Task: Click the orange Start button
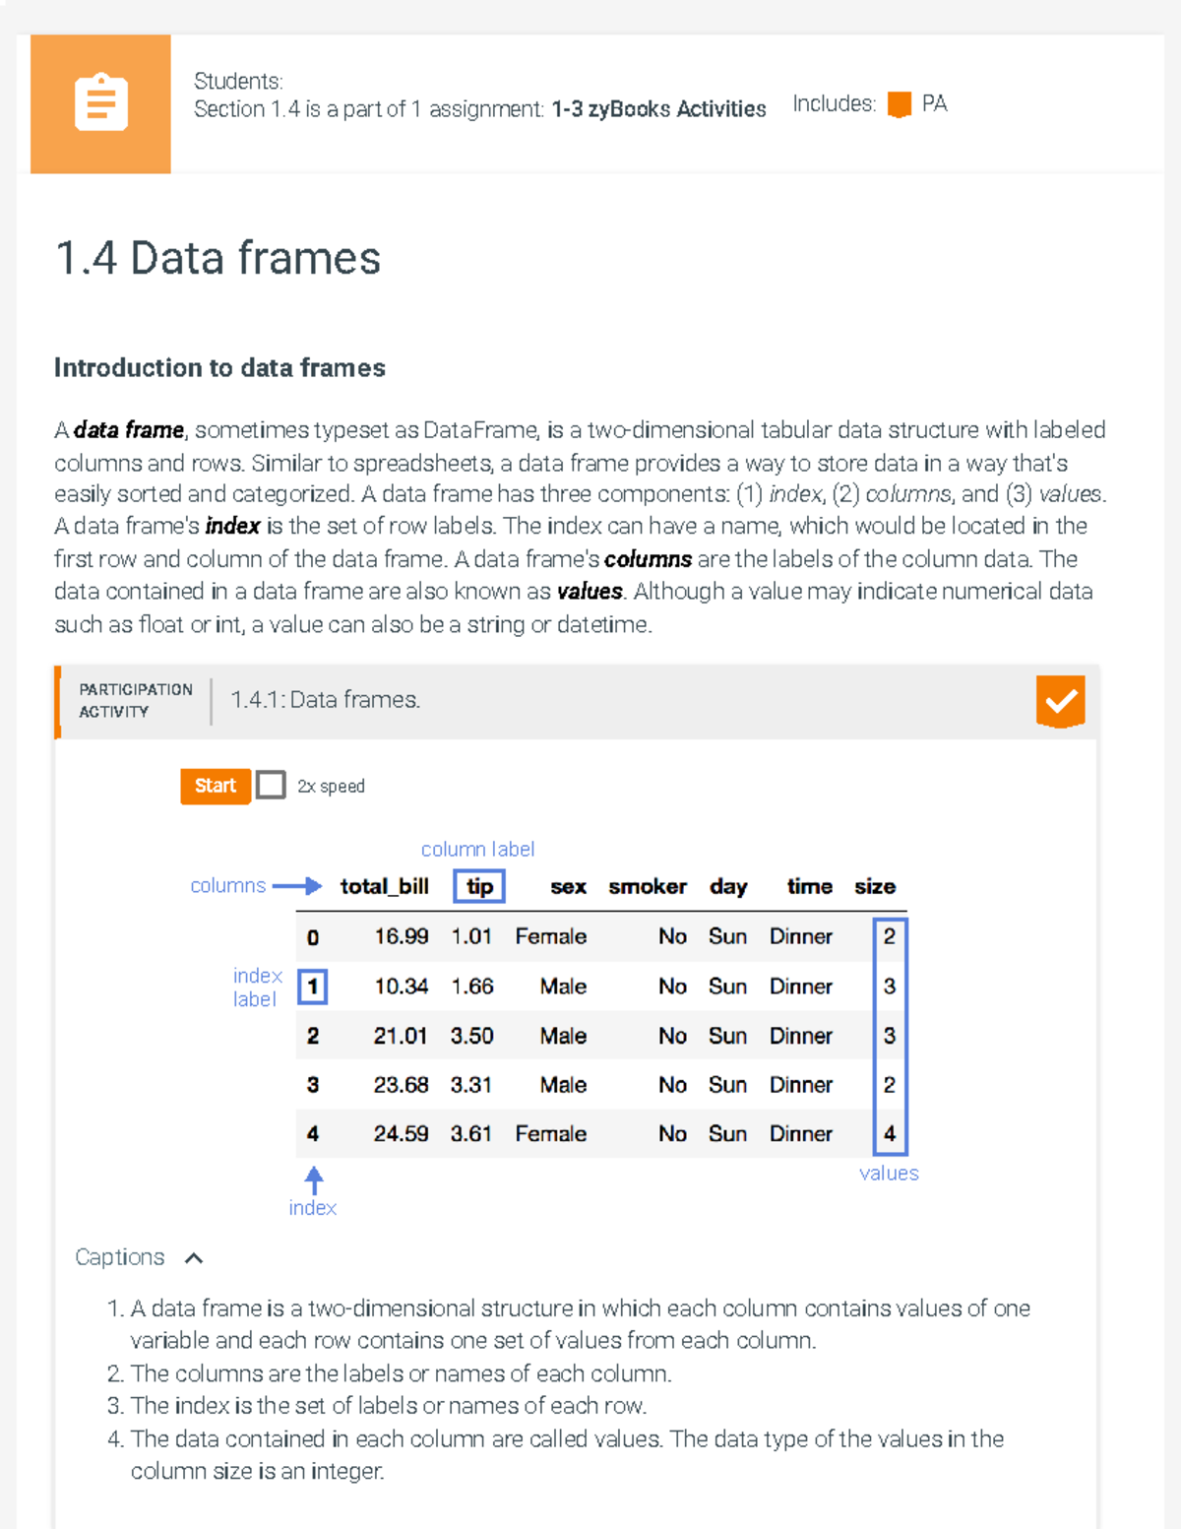pyautogui.click(x=215, y=786)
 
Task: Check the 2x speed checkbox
pyautogui.click(x=271, y=786)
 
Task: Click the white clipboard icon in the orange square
pyautogui.click(x=100, y=102)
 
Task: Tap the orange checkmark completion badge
pyautogui.click(x=1060, y=701)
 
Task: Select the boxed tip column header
pyautogui.click(x=479, y=886)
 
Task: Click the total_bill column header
pyautogui.click(x=384, y=886)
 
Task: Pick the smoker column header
pyautogui.click(x=647, y=886)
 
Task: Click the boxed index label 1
pyautogui.click(x=312, y=987)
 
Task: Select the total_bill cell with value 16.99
pyautogui.click(x=401, y=936)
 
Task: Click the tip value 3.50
pyautogui.click(x=471, y=1036)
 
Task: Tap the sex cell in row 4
pyautogui.click(x=550, y=1134)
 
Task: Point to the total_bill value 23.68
pyautogui.click(x=401, y=1085)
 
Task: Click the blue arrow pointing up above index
pyautogui.click(x=314, y=1179)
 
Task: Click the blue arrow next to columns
pyautogui.click(x=297, y=886)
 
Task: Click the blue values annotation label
pyautogui.click(x=889, y=1174)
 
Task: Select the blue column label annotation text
pyautogui.click(x=477, y=849)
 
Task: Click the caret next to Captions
pyautogui.click(x=194, y=1258)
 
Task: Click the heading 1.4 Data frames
pyautogui.click(x=218, y=258)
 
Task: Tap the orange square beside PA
pyautogui.click(x=899, y=104)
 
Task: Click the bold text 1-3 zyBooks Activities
pyautogui.click(x=658, y=109)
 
